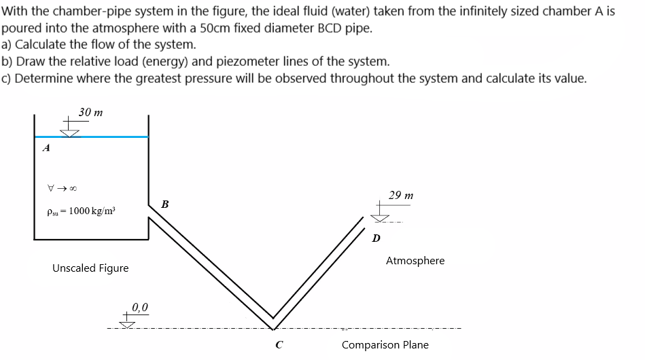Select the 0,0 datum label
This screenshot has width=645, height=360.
[x=141, y=306]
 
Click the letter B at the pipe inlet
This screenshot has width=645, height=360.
[x=165, y=204]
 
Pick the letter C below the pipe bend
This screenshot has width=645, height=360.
[x=279, y=344]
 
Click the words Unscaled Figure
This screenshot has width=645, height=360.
[x=90, y=268]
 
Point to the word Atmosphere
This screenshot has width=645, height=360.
[x=415, y=260]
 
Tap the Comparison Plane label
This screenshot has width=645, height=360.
[x=385, y=344]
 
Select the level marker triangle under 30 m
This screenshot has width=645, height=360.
[x=71, y=132]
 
